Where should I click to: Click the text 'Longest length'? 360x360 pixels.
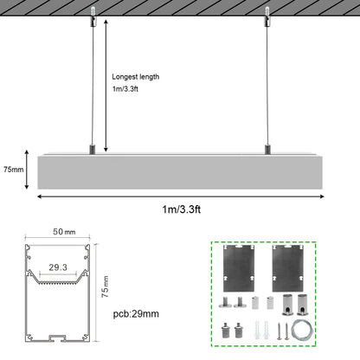tap(137, 76)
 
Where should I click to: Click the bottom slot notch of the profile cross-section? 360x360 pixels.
tap(57, 336)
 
